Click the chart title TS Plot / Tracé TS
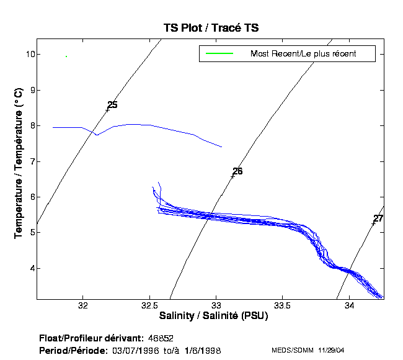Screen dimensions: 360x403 [x=211, y=28]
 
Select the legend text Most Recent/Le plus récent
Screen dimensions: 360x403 [x=303, y=54]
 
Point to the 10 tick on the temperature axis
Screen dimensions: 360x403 [x=28, y=54]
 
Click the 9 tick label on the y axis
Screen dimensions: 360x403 [x=29, y=90]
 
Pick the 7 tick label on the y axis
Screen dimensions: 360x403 [x=29, y=161]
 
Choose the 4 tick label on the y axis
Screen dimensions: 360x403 [x=29, y=268]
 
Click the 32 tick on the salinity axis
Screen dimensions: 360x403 [x=82, y=305]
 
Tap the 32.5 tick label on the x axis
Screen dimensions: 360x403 [x=149, y=305]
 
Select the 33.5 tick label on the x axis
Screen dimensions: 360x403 [x=283, y=305]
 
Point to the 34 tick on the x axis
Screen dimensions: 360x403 [x=350, y=305]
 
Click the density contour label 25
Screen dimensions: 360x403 [x=112, y=105]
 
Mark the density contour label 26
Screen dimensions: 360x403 [x=237, y=171]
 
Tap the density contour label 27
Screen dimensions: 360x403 [x=378, y=218]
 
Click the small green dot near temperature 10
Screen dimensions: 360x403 [x=66, y=56]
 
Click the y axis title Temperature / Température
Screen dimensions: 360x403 [x=19, y=163]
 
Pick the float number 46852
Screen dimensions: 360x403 [x=161, y=338]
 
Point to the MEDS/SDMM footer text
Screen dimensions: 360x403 [x=292, y=351]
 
